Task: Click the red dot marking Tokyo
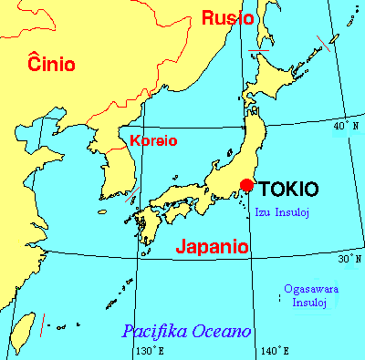[245, 185]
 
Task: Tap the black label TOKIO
[289, 190]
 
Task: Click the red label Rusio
[228, 17]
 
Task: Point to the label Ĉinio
[51, 63]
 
